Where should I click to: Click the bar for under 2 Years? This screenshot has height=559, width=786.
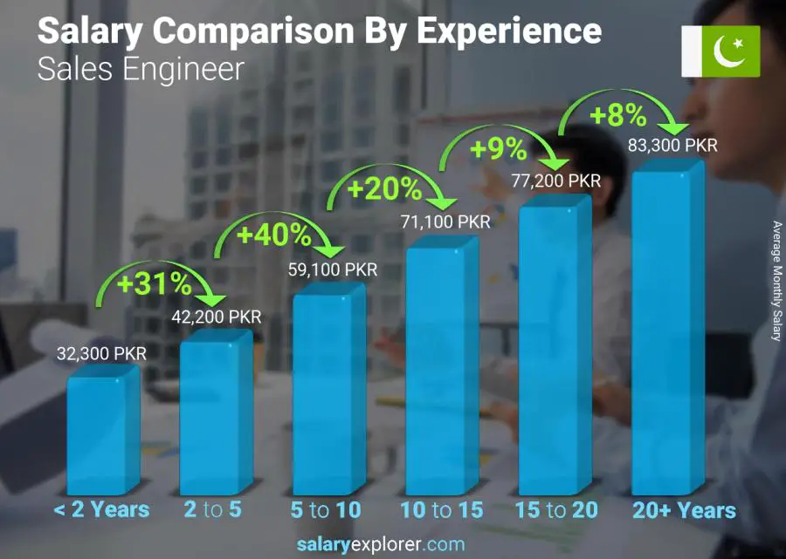102,432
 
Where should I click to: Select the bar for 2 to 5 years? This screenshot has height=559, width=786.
215,414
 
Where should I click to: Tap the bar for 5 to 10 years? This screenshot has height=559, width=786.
327,392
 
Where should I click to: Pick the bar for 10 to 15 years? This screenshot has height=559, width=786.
441,366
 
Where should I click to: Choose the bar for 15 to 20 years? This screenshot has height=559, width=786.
555,344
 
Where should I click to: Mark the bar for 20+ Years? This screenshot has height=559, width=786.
667,331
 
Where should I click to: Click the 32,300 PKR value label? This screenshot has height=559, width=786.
101,353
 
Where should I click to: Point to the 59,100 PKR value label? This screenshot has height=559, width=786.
333,269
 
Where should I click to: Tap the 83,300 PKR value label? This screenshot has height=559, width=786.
672,145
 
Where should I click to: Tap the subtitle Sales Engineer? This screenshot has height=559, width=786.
141,70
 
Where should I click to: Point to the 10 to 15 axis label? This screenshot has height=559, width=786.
441,509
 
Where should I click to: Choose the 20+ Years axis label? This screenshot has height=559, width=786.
685,509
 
